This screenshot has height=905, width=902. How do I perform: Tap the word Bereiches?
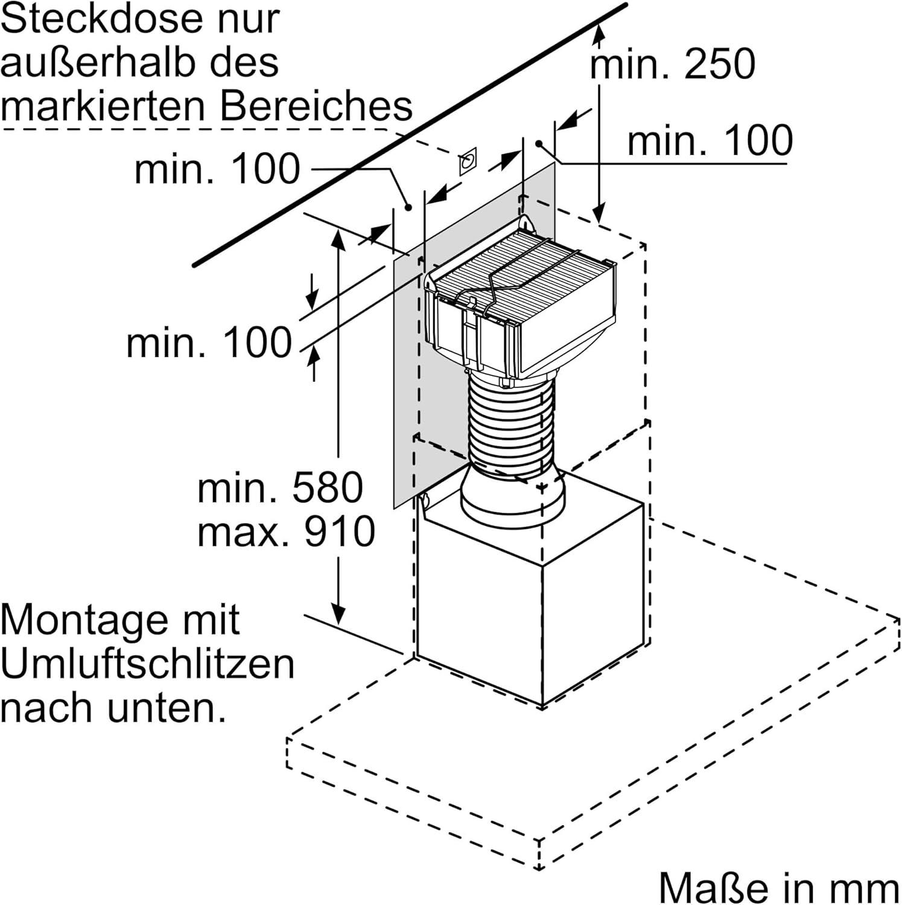316,106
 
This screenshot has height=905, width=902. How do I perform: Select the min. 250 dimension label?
672,64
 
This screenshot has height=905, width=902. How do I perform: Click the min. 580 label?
280,487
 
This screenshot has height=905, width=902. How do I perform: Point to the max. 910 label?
286,532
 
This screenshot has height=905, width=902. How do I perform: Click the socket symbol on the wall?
468,160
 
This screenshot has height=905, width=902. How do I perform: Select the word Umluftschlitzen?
148,664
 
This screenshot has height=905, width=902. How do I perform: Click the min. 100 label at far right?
710,141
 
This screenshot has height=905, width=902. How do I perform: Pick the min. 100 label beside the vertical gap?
209,343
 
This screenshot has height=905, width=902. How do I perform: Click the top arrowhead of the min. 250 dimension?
599,33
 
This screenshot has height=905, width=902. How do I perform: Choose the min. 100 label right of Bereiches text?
217,169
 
